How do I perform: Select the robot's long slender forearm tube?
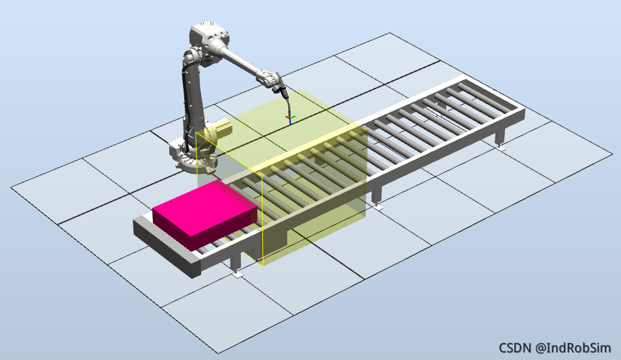click(241, 60)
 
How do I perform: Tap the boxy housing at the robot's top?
click(209, 35)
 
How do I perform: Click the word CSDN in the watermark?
click(515, 348)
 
